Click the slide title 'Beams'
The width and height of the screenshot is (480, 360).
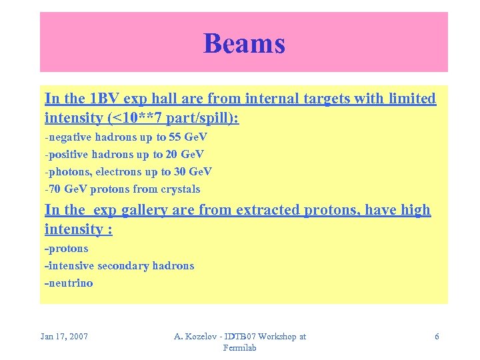(x=244, y=43)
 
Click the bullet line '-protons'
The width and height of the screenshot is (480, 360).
(x=66, y=248)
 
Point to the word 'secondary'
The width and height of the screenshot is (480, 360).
(x=123, y=265)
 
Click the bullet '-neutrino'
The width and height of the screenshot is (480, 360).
(x=69, y=283)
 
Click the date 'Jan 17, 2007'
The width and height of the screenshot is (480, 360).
(x=64, y=337)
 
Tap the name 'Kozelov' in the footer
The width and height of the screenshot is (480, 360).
(x=202, y=337)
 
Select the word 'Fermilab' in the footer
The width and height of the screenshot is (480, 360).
(x=239, y=348)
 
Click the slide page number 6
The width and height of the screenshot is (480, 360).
(x=437, y=337)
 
